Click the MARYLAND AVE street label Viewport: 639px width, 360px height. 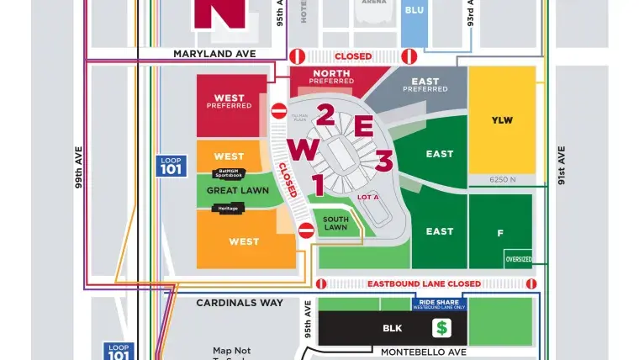tap(214, 54)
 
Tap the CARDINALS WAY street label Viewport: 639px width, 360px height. tap(240, 302)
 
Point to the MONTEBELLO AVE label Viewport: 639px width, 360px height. tap(423, 352)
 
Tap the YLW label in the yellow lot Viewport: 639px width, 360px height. tap(502, 120)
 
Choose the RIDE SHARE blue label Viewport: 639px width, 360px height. tap(438, 304)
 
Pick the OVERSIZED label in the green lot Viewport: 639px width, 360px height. tap(518, 259)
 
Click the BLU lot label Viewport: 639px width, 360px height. tap(415, 10)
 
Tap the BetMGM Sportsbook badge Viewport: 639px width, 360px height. tap(230, 173)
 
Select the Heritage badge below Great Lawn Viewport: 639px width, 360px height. tap(228, 208)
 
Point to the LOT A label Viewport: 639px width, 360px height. tap(368, 197)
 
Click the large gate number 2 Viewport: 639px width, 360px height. tap(325, 115)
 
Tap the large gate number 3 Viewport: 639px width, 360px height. tap(383, 160)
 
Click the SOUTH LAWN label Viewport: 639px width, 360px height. tap(335, 223)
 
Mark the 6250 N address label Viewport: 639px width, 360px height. tap(502, 179)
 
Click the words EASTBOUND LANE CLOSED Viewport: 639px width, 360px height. tap(424, 284)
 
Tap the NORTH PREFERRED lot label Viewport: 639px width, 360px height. tap(331, 77)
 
